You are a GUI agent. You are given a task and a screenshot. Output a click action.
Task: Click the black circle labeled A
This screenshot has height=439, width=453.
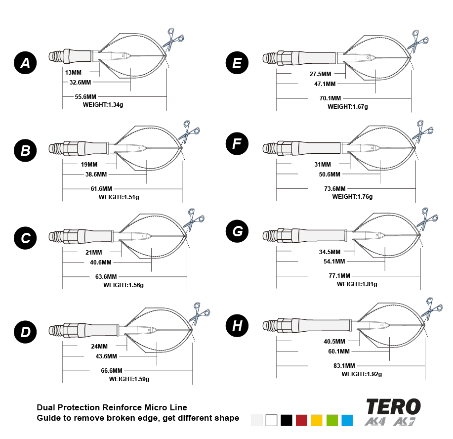click(x=25, y=63)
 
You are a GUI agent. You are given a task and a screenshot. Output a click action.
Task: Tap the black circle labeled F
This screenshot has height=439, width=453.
click(x=237, y=144)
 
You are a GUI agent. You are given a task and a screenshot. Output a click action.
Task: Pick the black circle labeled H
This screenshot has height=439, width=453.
click(x=237, y=326)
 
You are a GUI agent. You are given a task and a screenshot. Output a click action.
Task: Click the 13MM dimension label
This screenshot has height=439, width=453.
click(x=73, y=72)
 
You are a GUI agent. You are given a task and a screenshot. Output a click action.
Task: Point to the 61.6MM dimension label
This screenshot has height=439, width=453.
click(x=101, y=189)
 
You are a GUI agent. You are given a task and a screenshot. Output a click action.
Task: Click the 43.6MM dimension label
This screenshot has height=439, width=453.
click(x=106, y=356)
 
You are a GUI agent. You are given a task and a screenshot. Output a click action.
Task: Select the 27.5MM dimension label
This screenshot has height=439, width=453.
click(x=320, y=74)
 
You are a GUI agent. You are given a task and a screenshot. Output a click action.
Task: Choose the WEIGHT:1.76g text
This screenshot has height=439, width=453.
click(x=352, y=196)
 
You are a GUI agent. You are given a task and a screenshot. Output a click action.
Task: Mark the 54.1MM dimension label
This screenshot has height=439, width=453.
click(x=334, y=261)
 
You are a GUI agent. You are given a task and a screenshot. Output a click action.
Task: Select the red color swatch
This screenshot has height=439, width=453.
click(x=302, y=420)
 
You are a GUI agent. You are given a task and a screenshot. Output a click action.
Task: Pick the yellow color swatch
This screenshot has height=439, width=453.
click(x=317, y=420)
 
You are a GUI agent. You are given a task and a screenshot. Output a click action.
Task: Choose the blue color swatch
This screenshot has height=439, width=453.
click(x=347, y=420)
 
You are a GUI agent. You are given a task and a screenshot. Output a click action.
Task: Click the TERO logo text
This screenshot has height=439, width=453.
click(x=393, y=407)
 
